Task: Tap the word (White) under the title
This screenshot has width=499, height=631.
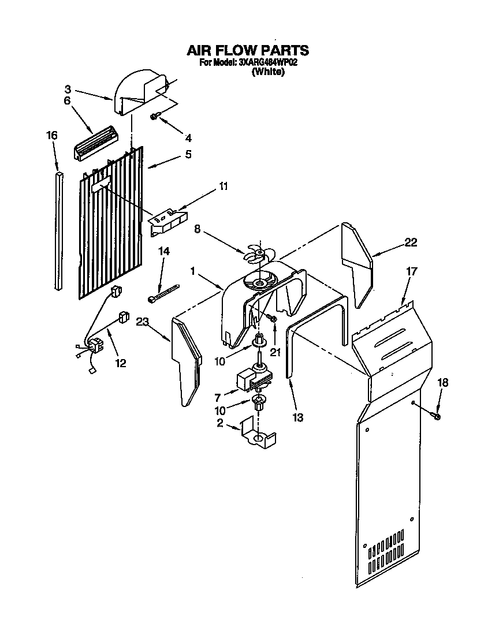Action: point(268,72)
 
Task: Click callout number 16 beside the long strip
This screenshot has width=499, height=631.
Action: point(52,135)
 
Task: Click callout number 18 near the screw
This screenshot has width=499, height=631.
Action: point(443,383)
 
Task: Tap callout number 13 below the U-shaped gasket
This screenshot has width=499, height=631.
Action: point(298,417)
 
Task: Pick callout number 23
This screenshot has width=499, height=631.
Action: point(143,322)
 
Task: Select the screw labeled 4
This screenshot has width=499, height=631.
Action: point(155,117)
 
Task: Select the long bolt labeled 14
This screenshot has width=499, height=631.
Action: point(164,292)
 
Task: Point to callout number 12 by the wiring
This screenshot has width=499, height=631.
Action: point(120,363)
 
